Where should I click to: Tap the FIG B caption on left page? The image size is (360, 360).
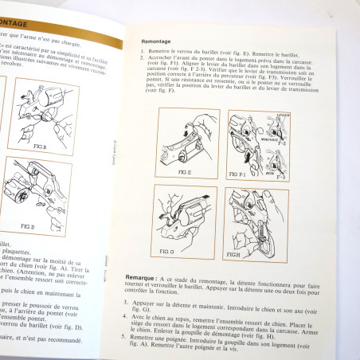coord(18,147)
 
